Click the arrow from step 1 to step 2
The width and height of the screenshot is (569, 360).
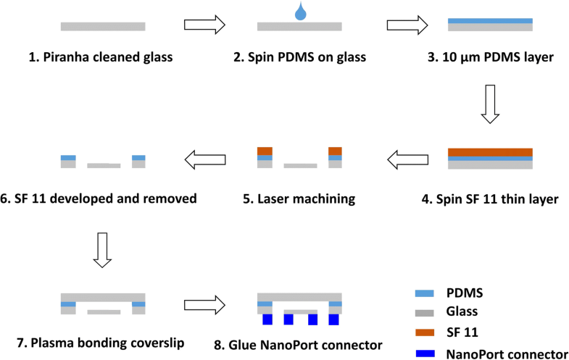point(206,25)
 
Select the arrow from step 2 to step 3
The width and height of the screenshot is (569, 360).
point(406,25)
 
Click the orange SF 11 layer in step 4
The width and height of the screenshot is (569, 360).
point(491,152)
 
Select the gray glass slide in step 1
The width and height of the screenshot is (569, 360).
point(103,27)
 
